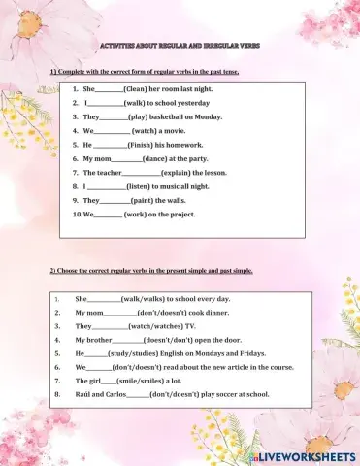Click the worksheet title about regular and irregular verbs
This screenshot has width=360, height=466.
(x=180, y=46)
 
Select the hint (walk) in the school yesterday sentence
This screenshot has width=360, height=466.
(x=137, y=102)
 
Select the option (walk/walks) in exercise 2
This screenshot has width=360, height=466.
(x=147, y=299)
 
